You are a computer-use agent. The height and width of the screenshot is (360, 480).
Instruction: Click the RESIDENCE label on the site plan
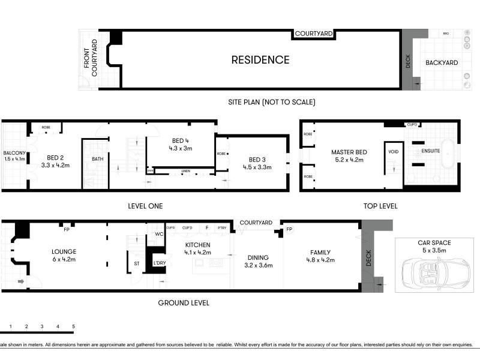pos(260,60)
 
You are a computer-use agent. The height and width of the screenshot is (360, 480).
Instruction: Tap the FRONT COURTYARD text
pos(90,58)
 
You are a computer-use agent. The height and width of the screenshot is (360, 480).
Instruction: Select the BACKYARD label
pos(442,62)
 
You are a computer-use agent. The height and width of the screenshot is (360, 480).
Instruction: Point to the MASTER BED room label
pos(348,152)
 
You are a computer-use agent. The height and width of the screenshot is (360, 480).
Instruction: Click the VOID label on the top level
pos(394,152)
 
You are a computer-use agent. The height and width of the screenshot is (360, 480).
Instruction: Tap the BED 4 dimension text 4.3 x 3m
pos(180,148)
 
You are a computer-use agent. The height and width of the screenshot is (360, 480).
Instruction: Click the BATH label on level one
pos(97,159)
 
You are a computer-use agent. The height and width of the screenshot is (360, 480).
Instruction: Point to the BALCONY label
pos(14,152)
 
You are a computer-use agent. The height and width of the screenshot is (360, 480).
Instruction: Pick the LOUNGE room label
pos(64,251)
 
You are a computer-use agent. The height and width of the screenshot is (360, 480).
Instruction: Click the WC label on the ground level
pos(159,235)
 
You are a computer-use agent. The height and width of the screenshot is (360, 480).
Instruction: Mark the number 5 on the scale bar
pos(73,326)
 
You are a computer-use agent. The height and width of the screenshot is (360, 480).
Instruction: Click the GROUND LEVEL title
pos(184,303)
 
